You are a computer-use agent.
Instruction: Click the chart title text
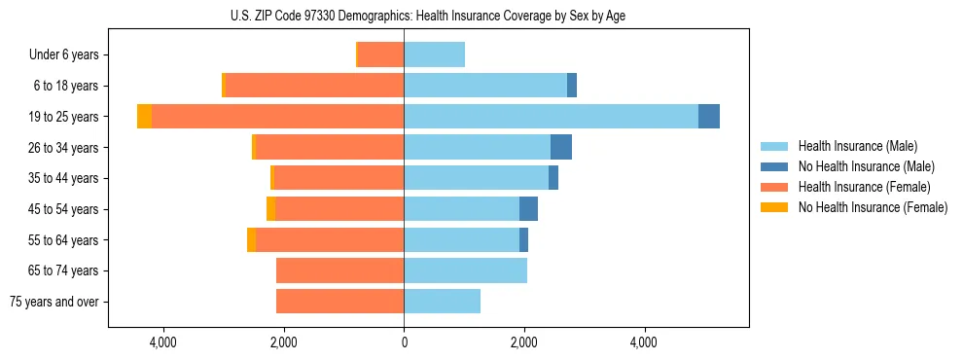[428, 16]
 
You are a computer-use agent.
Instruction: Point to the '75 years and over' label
[54, 302]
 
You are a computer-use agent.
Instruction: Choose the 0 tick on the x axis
[404, 342]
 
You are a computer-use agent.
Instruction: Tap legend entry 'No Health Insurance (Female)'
[873, 207]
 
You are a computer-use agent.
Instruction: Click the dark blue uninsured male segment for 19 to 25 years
[709, 117]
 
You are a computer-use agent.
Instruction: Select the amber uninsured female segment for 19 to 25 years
[144, 117]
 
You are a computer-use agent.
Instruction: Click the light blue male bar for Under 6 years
[434, 55]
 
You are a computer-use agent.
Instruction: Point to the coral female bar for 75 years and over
[339, 302]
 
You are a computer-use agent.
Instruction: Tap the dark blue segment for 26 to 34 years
[561, 148]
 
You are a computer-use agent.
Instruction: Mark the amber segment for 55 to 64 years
[251, 240]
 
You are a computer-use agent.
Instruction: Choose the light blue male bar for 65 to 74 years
[465, 270]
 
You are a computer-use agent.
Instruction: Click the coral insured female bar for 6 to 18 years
[314, 86]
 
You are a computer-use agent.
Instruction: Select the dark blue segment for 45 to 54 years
[528, 209]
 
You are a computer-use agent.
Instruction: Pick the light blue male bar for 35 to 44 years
[476, 178]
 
